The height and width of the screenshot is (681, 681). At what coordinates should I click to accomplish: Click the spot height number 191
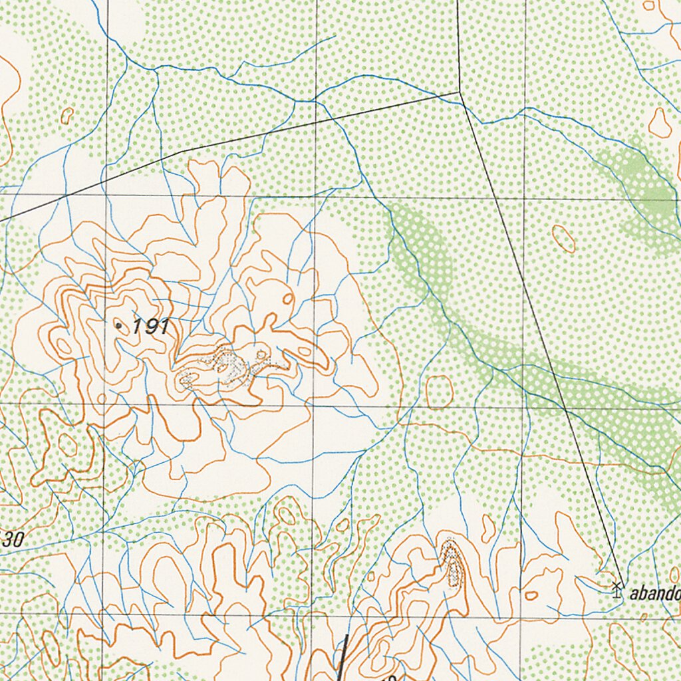(x=151, y=326)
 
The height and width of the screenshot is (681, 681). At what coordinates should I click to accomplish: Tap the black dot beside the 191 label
(x=118, y=325)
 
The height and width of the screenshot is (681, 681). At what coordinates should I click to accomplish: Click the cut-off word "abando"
(x=654, y=593)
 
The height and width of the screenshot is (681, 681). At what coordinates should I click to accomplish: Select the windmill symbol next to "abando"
(x=616, y=588)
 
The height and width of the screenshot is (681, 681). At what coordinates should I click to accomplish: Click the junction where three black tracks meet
(x=460, y=92)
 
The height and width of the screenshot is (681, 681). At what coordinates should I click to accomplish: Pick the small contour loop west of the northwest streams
(x=67, y=116)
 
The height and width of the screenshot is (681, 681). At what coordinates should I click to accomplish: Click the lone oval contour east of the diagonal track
(x=563, y=238)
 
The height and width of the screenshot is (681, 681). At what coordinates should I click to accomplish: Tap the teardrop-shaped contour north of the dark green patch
(x=660, y=123)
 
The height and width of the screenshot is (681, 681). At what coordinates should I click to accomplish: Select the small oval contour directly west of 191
(x=64, y=346)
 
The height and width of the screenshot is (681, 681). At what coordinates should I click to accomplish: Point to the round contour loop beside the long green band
(x=439, y=392)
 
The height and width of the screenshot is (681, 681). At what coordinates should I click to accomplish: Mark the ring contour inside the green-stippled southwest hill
(x=67, y=444)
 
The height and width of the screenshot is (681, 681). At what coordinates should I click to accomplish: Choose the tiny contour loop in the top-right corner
(x=649, y=5)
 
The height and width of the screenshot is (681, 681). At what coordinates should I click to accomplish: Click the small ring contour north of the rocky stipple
(x=288, y=299)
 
